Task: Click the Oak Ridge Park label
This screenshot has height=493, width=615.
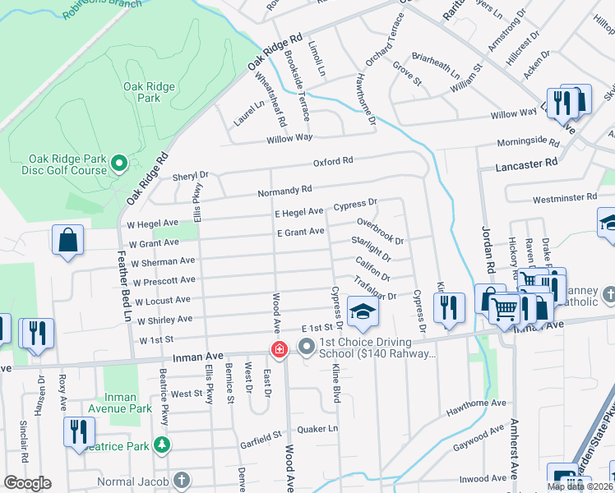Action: (141, 91)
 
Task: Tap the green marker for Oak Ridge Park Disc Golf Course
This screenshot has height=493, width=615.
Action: (119, 164)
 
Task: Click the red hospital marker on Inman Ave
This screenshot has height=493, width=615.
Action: (280, 349)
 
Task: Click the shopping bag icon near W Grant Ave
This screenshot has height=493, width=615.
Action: (68, 241)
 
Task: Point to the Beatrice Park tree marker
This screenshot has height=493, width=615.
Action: (163, 445)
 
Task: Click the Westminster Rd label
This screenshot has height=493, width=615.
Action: (564, 198)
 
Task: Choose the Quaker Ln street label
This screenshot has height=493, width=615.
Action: (321, 428)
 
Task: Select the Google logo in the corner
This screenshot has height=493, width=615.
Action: (27, 483)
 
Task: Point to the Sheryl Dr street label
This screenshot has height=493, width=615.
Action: (190, 175)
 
